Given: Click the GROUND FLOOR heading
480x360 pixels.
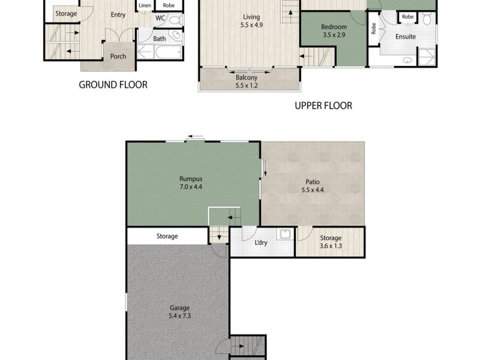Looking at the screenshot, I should [113, 85].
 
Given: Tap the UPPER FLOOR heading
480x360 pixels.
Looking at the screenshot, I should [322, 106].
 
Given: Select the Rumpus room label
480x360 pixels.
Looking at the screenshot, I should [191, 179].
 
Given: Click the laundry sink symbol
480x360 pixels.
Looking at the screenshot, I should [284, 235].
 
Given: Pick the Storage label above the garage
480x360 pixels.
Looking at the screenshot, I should [167, 236].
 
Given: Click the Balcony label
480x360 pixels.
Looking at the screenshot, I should [246, 77].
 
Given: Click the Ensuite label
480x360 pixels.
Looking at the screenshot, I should [406, 37].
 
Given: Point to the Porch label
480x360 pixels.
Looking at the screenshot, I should [118, 57].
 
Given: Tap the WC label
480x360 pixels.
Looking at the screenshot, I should [160, 18].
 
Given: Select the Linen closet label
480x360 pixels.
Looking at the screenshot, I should [145, 5].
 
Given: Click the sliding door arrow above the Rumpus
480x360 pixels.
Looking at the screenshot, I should [194, 136].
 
